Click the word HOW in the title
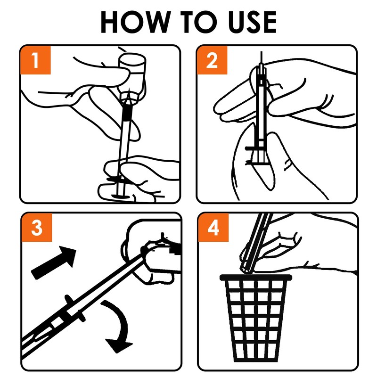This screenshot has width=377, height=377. coord(136,22)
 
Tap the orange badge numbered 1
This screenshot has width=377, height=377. coord(36,60)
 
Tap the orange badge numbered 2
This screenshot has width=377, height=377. coord(212,60)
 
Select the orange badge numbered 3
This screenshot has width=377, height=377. coord(37,228)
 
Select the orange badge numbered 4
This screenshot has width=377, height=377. coord(213,228)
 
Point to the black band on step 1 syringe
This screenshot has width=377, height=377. coord(127,113)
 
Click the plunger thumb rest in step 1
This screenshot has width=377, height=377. coord(121,197)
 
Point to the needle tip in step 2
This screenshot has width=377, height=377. coord(261,52)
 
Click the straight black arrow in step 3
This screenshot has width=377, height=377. coord(54,262)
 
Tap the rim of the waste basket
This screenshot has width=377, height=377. coord(256,278)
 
